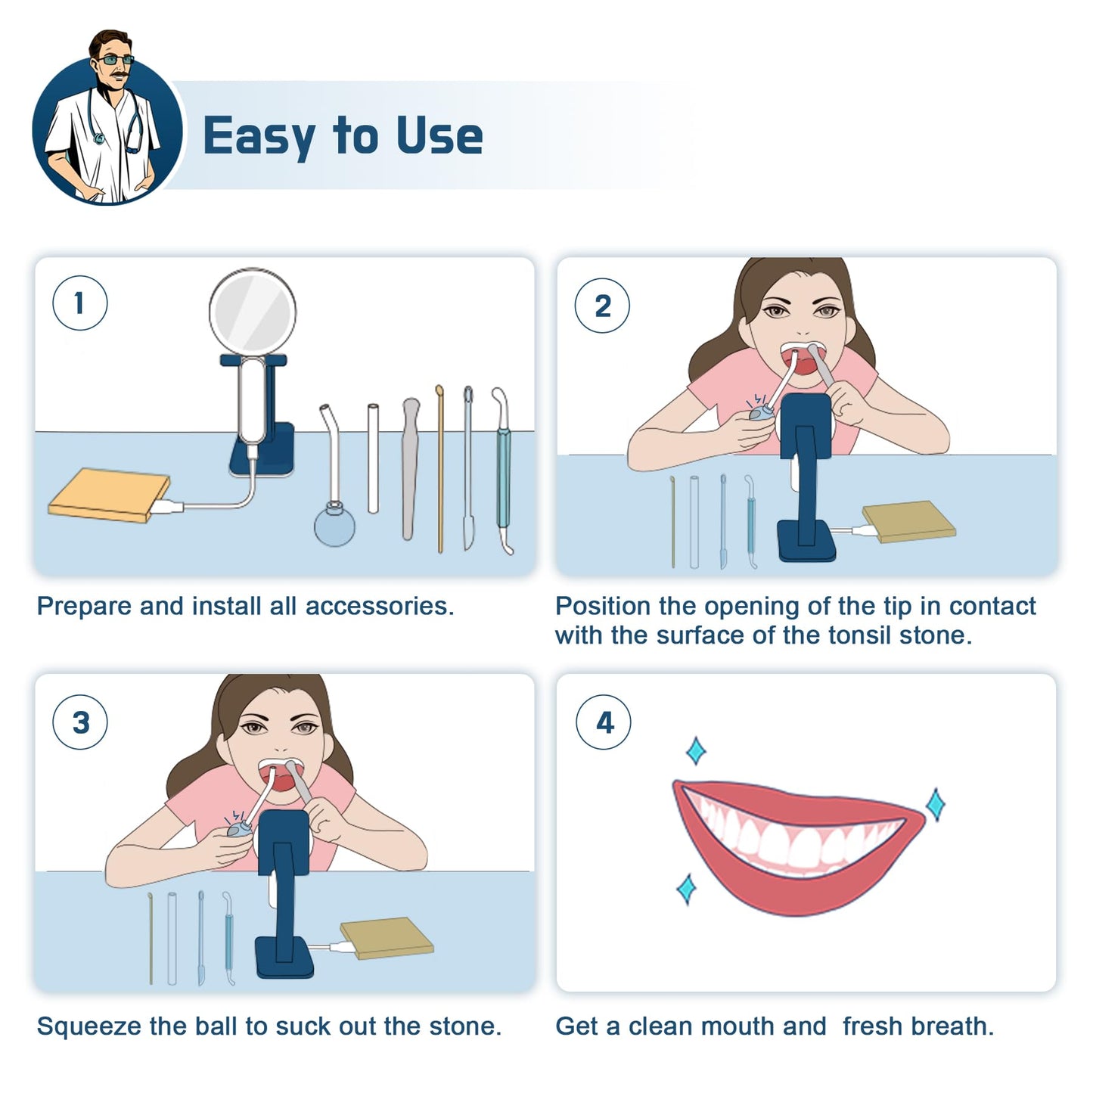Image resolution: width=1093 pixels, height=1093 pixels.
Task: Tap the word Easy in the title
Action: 259,136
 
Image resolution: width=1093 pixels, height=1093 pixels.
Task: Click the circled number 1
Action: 80,303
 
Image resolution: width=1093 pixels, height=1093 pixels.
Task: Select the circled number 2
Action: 602,306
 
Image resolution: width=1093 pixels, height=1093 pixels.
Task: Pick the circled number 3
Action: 80,722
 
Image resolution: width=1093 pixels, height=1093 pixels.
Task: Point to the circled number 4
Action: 604,722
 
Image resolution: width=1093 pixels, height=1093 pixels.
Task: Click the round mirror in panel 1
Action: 253,311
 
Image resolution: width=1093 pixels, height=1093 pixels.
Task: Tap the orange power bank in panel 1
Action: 110,495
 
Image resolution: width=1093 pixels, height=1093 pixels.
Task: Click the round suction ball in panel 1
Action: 334,525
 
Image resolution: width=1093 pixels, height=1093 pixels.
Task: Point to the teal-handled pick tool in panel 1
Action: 503,470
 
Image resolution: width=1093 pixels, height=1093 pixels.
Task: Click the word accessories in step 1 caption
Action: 380,607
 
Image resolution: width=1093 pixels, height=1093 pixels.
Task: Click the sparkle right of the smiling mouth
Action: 936,804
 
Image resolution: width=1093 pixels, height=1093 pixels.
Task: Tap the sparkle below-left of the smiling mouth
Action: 687,889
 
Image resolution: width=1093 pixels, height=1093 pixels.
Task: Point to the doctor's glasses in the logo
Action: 115,60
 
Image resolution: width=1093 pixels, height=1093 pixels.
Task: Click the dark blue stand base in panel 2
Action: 806,541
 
